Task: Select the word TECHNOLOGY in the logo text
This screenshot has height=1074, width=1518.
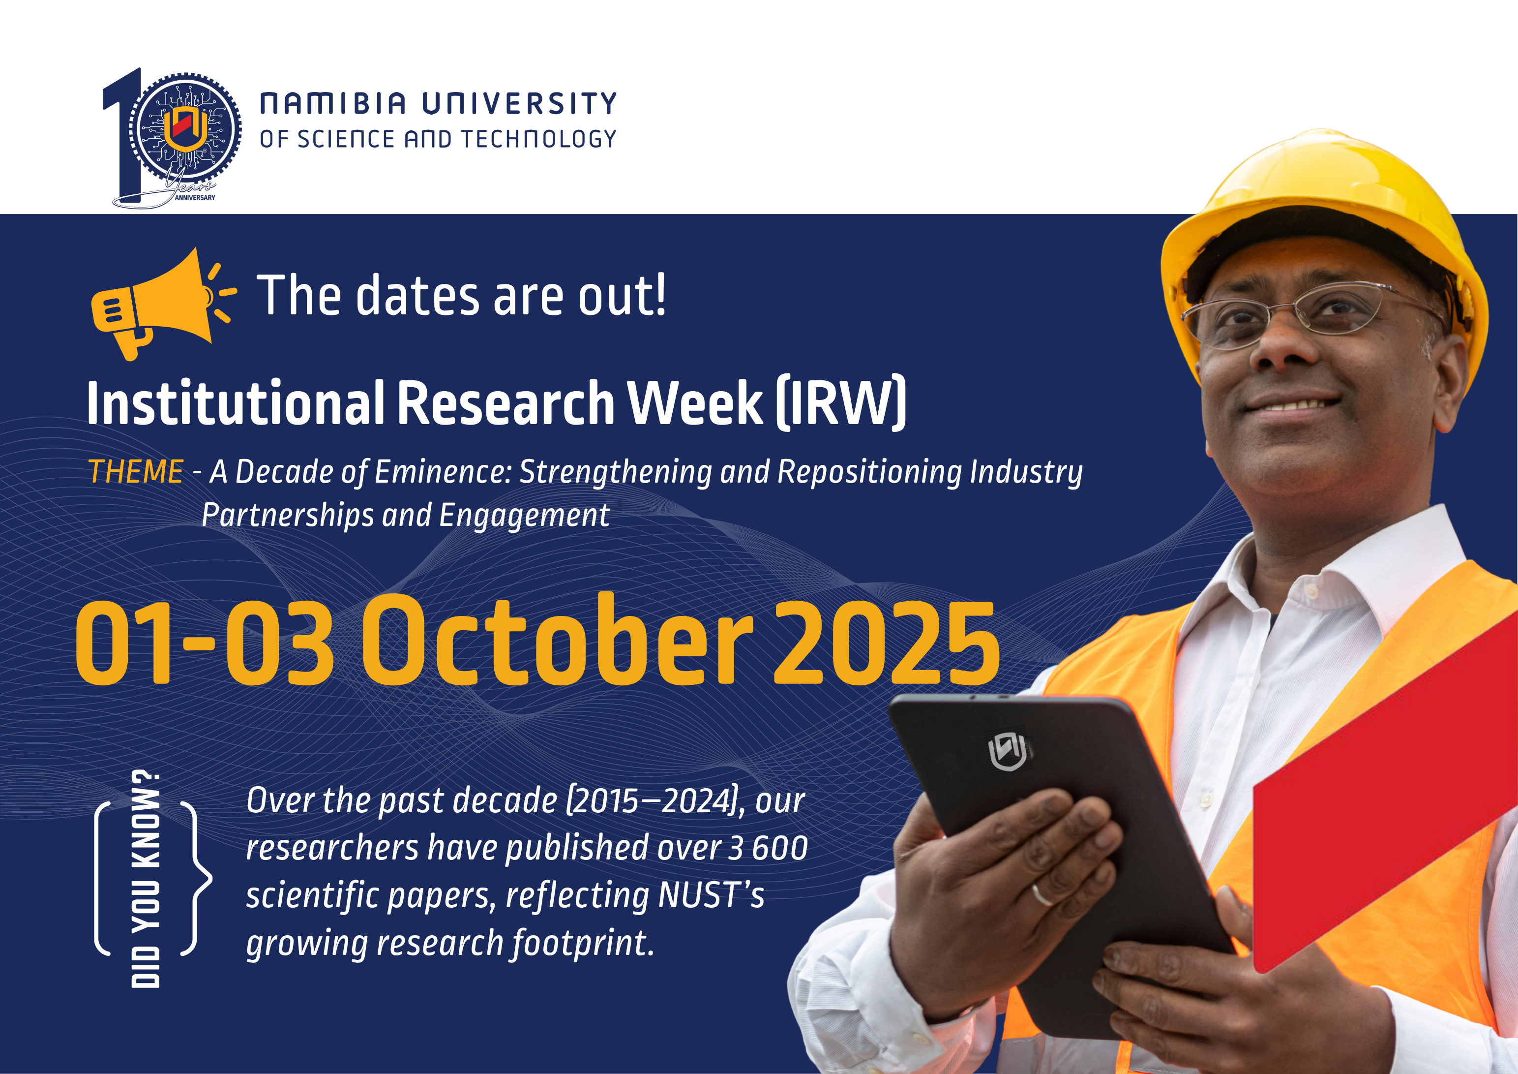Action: (538, 139)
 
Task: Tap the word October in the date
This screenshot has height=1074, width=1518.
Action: (557, 640)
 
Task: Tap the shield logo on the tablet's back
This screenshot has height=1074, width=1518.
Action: (1007, 752)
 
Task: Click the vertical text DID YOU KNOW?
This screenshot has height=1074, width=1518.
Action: (146, 878)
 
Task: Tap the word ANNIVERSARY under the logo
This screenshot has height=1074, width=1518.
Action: (195, 198)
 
